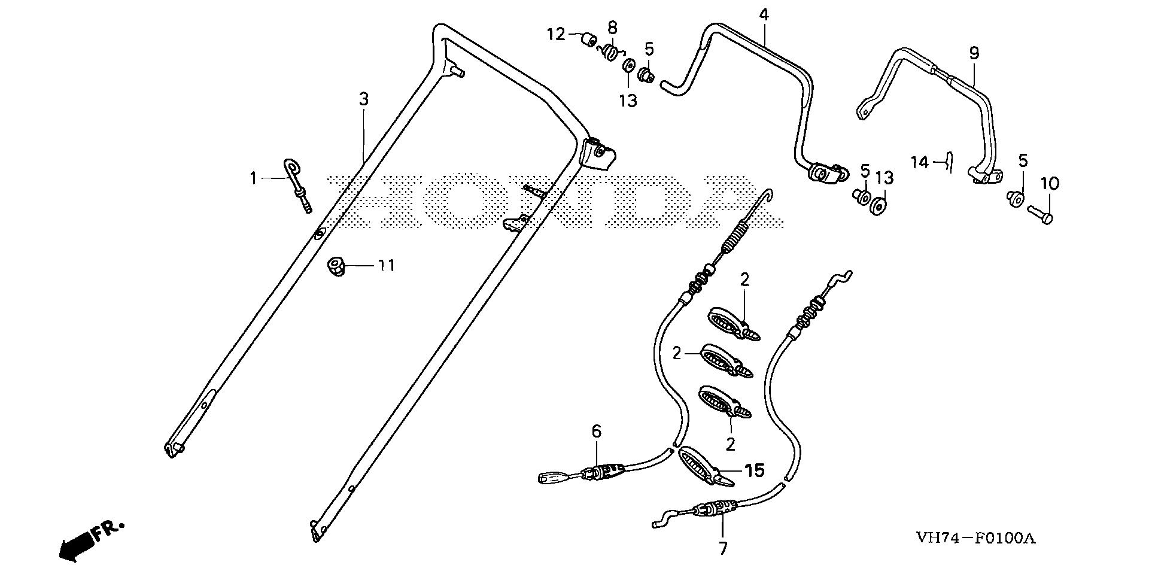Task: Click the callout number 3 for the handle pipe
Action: (364, 99)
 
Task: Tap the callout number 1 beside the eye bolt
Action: (253, 178)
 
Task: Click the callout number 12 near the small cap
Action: (556, 34)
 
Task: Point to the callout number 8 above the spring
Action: (612, 28)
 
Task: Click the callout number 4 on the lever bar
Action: (764, 15)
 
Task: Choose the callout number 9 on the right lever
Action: (974, 53)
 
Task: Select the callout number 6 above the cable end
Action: (596, 431)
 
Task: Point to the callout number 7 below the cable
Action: (723, 548)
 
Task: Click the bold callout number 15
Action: (755, 470)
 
